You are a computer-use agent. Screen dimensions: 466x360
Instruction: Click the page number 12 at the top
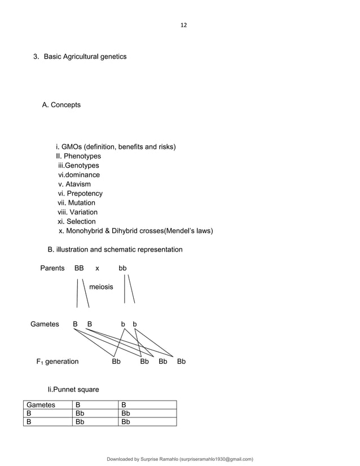coord(183,25)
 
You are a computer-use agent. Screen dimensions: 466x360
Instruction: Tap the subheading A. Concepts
coord(62,105)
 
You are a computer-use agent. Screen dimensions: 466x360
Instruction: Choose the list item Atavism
coord(78,184)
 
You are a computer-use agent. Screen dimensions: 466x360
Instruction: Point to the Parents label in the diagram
coord(52,268)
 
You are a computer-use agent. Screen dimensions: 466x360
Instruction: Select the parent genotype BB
coord(79,268)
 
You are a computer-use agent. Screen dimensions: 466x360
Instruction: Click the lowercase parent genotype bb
coord(122,268)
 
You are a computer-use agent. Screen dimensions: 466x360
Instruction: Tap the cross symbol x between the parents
coord(97,269)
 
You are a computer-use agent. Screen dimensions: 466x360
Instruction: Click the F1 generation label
coord(58,362)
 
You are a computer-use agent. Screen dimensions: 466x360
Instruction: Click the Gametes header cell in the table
coord(41,405)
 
